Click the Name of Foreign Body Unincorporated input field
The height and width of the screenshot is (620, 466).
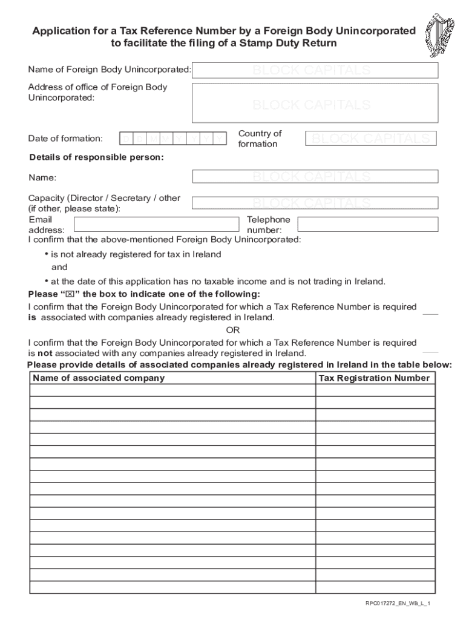pos(315,70)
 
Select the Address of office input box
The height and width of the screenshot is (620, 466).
pos(315,103)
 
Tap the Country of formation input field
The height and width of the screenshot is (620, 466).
pos(370,139)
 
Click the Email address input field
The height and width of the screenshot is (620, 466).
pos(156,225)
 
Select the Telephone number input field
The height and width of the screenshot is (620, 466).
pos(367,225)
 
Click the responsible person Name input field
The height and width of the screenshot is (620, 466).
pos(315,176)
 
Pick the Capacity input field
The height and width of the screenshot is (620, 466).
pos(315,202)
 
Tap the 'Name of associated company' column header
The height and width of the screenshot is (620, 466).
pos(99,378)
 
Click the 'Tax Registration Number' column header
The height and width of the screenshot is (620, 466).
pos(374,378)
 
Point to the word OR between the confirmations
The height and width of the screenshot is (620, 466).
pos(233,330)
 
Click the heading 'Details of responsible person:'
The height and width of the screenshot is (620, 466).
pos(97,157)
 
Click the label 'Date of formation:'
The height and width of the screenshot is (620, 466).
pos(65,139)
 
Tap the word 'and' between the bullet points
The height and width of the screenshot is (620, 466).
pos(59,267)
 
